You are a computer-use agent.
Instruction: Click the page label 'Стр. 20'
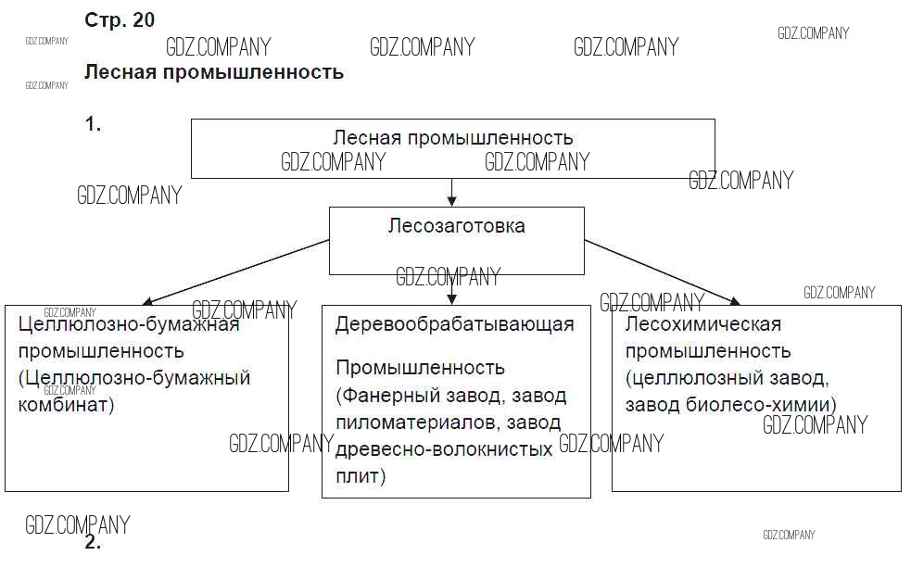[x=120, y=20]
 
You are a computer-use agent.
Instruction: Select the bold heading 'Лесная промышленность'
[x=214, y=72]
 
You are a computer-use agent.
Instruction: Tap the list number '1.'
[x=93, y=125]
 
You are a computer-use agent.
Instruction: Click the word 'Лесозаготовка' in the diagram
[x=457, y=226]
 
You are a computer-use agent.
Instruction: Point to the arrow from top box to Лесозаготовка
[x=452, y=192]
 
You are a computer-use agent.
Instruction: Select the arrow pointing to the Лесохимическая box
[x=662, y=271]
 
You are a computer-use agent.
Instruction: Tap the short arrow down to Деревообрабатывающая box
[x=452, y=290]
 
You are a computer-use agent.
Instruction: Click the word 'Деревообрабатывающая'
[x=455, y=324]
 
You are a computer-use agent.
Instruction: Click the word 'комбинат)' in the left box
[x=66, y=405]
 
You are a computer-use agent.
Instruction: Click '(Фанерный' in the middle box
[x=383, y=396]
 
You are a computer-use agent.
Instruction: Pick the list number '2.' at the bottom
[x=93, y=543]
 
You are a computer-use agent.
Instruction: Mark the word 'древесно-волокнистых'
[x=444, y=449]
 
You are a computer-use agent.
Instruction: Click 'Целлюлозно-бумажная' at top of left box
[x=129, y=324]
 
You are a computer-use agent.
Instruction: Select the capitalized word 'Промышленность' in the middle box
[x=420, y=369]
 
